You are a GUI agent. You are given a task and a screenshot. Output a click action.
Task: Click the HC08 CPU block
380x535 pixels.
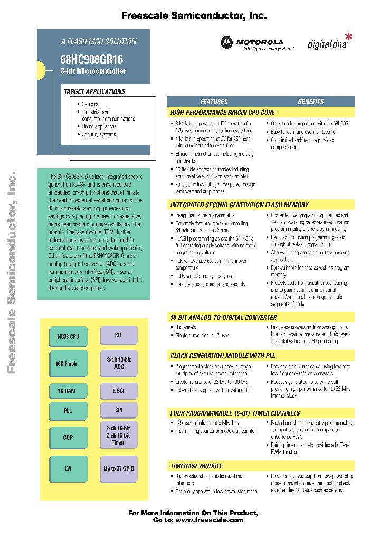coord(68,336)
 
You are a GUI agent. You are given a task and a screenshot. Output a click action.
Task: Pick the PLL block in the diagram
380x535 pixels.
coord(68,410)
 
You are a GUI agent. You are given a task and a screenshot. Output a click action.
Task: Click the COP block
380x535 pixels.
coord(68,437)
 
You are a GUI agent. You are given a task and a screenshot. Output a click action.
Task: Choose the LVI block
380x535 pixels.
coord(68,468)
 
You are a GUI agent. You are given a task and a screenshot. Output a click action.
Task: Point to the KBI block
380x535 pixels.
coord(119,335)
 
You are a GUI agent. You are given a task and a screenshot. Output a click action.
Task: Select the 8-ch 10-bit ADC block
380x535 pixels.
coord(119,363)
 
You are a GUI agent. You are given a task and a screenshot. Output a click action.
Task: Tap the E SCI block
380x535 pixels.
coord(119,391)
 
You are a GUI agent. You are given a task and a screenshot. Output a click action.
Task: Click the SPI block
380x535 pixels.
coord(119,410)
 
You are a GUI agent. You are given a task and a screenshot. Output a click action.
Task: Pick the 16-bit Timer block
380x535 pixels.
coord(119,436)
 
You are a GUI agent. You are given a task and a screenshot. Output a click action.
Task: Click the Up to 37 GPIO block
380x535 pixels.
coord(119,468)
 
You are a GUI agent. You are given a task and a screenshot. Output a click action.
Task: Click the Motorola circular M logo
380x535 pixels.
coord(226,43)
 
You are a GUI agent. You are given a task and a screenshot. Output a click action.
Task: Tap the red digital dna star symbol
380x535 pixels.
coord(347,36)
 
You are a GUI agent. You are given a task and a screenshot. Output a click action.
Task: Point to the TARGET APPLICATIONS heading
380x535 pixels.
coord(94,91)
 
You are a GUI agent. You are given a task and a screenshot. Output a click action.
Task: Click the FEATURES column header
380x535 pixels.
coord(214,102)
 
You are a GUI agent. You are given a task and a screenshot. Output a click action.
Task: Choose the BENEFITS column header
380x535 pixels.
coord(310,102)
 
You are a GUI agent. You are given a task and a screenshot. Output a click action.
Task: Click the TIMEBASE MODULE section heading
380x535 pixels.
coord(196,466)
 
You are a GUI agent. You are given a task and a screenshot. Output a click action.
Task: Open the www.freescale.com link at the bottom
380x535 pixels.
coord(210,520)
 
